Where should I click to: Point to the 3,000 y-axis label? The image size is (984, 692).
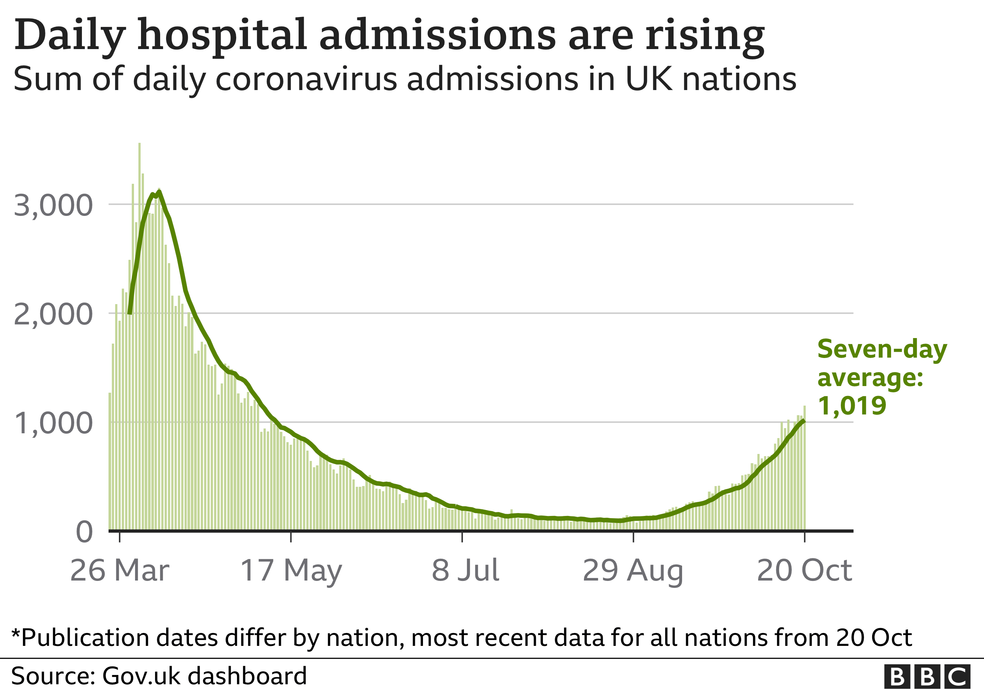pos(53,205)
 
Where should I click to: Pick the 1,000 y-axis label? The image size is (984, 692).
pos(53,423)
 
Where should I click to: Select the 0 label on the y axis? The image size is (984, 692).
pos(84,532)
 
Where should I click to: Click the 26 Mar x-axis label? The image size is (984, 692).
pos(120,570)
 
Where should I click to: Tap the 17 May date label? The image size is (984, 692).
pos(291,570)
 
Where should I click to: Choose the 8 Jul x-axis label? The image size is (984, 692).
pos(465,570)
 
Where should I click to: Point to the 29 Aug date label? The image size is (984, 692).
pos(633,570)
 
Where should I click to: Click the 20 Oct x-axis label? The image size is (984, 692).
pos(804,570)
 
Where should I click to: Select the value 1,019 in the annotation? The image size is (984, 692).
pos(851,405)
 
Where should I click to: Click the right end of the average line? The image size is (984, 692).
pos(804,421)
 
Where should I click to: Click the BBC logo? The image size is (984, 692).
pos(927,676)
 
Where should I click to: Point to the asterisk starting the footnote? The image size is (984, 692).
pos(16,633)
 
